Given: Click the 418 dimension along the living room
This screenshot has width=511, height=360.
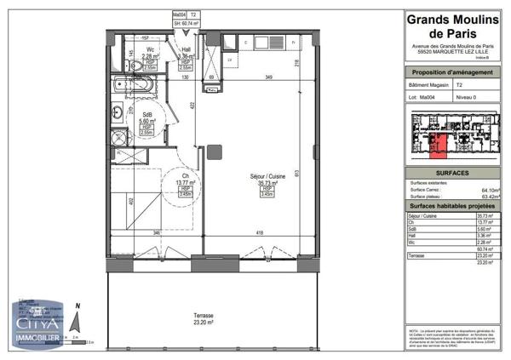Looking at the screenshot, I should click(259, 232).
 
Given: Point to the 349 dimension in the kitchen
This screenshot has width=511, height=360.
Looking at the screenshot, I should click(269, 78).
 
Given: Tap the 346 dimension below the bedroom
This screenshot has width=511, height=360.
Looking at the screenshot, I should click(157, 232).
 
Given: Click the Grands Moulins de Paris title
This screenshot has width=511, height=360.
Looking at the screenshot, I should click(451, 27).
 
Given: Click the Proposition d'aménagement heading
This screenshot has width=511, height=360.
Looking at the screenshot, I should click(451, 73).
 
